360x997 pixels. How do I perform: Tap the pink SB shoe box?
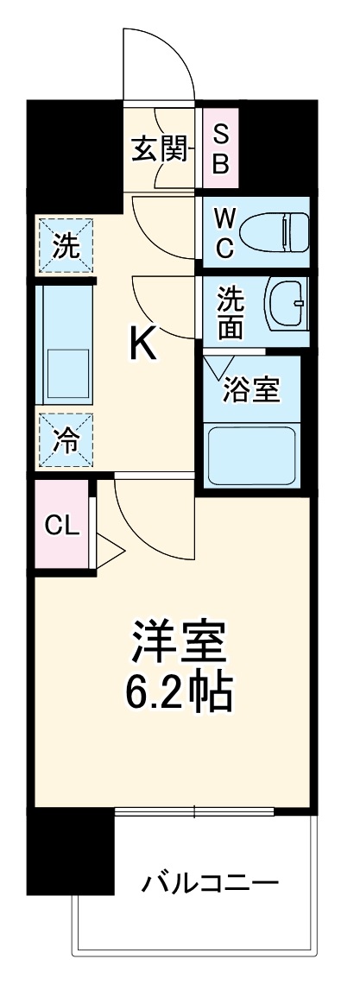(221, 149)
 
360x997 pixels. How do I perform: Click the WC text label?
(223, 233)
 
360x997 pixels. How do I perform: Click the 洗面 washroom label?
(230, 312)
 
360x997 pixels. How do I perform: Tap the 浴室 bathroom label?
(251, 390)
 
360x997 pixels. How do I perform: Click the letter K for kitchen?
(143, 346)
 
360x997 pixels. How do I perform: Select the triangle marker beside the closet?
(111, 550)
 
